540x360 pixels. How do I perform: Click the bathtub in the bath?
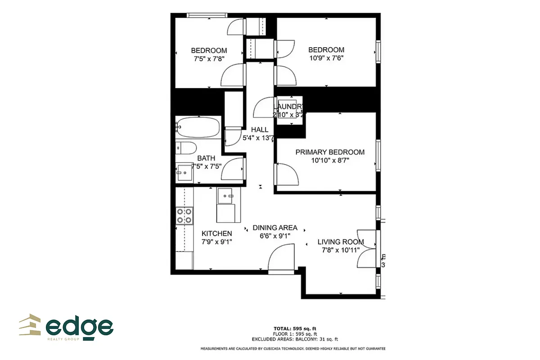(x=198, y=127)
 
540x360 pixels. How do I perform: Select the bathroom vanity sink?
(x=183, y=171)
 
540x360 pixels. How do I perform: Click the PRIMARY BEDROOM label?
(x=330, y=152)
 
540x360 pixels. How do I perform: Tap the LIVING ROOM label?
(x=341, y=242)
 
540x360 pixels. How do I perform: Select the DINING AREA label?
(x=275, y=228)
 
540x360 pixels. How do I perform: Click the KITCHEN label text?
(x=217, y=234)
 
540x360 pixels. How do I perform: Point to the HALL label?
(x=260, y=130)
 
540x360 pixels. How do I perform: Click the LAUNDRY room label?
(x=289, y=107)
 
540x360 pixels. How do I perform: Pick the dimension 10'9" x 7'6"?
(x=326, y=58)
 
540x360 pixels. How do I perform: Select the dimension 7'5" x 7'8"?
(x=209, y=58)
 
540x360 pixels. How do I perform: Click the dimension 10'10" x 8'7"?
(x=330, y=160)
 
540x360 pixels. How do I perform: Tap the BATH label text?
(x=206, y=158)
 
